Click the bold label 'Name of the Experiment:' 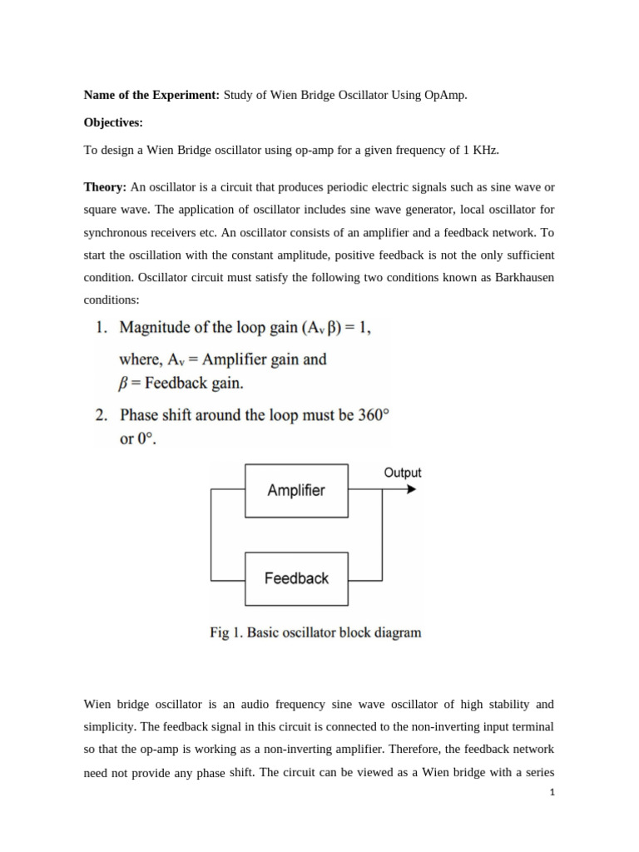(x=151, y=96)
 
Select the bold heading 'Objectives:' (x=113, y=123)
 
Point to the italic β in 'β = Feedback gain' (x=125, y=384)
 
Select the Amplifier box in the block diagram (x=296, y=490)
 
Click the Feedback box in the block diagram (x=296, y=578)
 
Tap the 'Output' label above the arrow (x=402, y=473)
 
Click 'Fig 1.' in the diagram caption (x=225, y=632)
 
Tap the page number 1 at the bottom (x=551, y=793)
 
